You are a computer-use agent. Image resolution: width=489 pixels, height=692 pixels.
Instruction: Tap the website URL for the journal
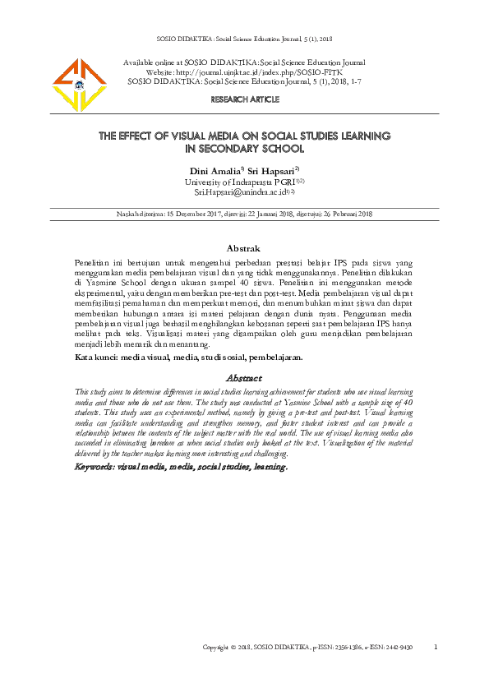click(271, 72)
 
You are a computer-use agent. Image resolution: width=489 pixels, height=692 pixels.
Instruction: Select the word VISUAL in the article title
click(191, 136)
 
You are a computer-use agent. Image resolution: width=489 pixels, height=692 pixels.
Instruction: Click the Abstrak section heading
click(243, 248)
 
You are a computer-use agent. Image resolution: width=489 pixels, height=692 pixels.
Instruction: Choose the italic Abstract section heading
click(243, 378)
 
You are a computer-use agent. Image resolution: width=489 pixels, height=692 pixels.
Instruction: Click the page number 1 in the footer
click(436, 647)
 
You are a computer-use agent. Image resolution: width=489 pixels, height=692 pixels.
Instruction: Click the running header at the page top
click(243, 39)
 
